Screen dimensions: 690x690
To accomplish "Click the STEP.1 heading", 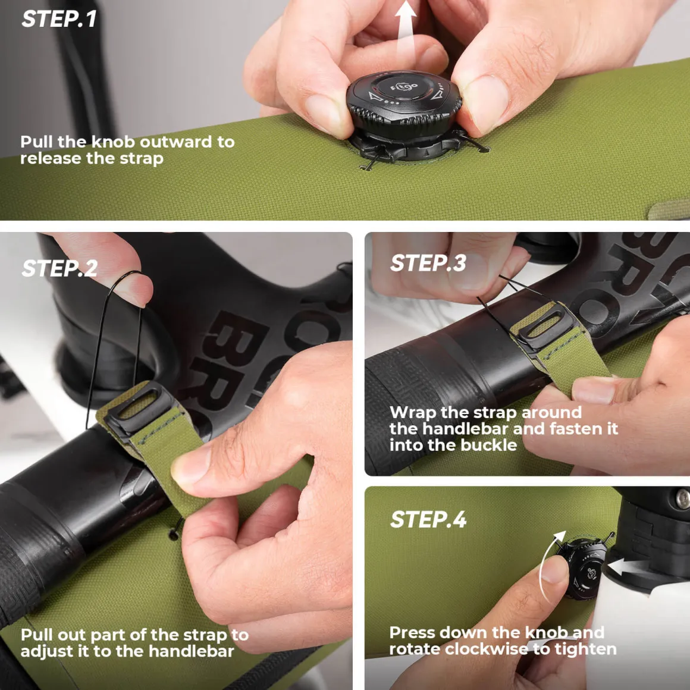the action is [59, 19].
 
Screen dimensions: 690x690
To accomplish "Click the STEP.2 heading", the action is [59, 268].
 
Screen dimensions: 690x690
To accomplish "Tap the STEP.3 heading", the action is [428, 263].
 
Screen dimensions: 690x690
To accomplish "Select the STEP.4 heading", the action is [428, 519].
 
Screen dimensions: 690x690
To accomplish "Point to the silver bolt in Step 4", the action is [683, 498].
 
